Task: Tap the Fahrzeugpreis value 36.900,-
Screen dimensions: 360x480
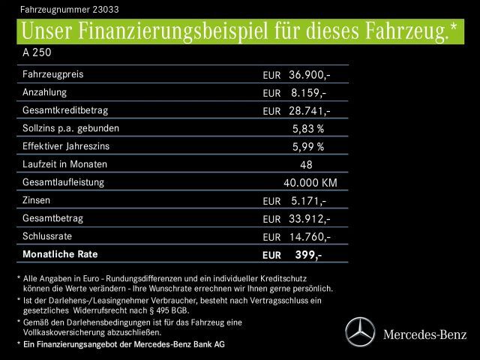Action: tap(310, 75)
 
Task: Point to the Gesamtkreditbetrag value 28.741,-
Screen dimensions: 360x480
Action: tap(310, 111)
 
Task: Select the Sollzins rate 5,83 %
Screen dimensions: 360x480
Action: tap(308, 128)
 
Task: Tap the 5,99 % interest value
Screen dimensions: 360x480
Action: tap(308, 146)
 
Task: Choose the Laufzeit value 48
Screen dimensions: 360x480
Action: tap(306, 164)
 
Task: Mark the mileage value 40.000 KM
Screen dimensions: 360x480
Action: tap(310, 182)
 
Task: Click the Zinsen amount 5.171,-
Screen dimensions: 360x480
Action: tap(307, 200)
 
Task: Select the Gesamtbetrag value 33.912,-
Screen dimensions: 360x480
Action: tap(310, 218)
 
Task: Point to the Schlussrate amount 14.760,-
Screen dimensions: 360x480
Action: tap(310, 236)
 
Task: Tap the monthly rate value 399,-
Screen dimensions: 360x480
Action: tap(308, 255)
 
